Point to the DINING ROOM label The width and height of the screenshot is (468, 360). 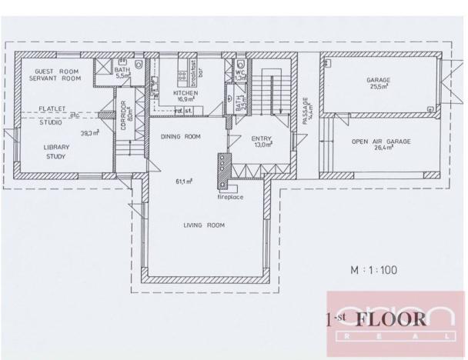coord(180,137)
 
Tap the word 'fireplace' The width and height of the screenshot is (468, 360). coord(230,197)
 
